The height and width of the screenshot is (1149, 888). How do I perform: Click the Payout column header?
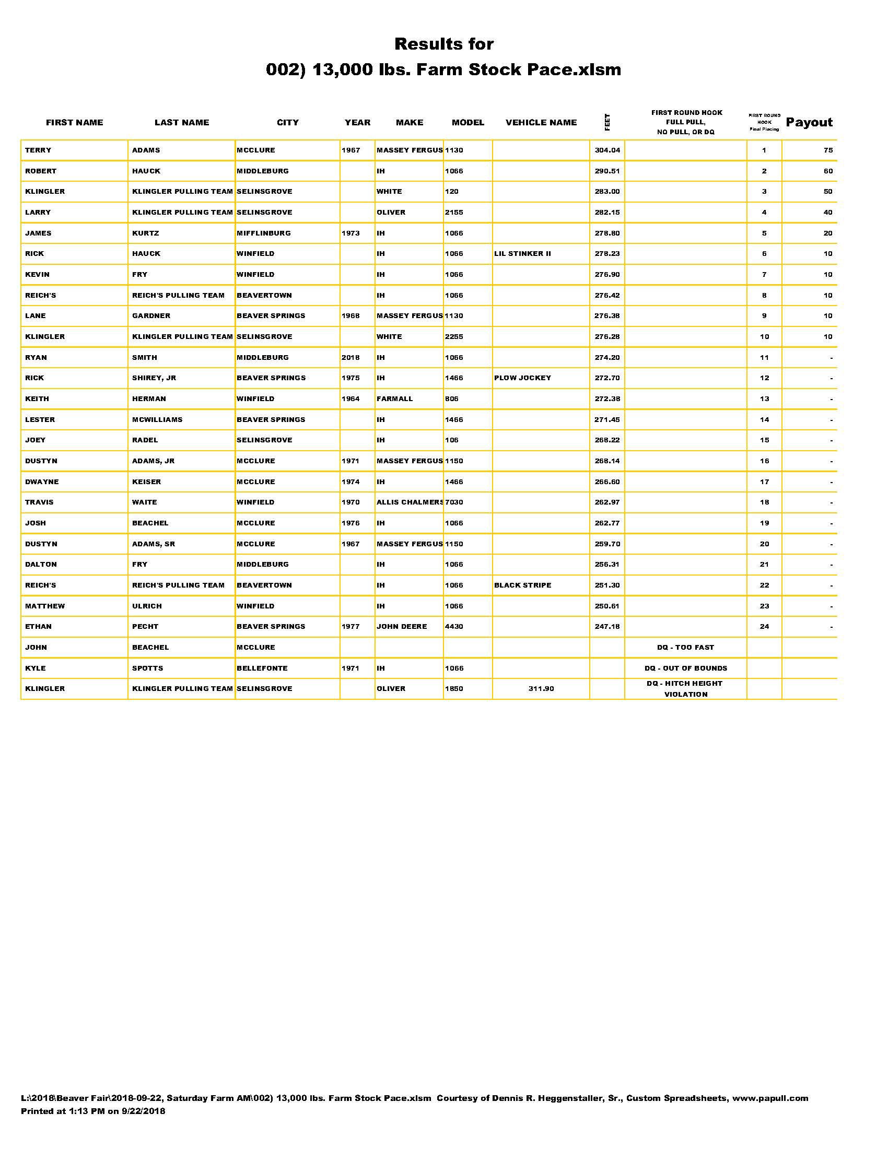809,123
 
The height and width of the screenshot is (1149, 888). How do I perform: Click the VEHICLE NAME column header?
541,123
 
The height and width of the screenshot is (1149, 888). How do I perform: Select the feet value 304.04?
607,150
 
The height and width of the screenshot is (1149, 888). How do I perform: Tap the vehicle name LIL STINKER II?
522,254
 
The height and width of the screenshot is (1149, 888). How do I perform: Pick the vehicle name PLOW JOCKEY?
522,378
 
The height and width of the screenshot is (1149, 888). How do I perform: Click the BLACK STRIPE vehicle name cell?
522,585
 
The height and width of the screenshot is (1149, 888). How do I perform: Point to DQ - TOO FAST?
685,648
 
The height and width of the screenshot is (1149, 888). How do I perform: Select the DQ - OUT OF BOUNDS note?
685,668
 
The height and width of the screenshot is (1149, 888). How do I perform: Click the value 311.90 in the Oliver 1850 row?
541,689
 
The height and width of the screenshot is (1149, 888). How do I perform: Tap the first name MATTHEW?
45,606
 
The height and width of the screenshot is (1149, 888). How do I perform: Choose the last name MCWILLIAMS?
157,420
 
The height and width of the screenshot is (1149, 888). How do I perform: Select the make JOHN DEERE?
401,627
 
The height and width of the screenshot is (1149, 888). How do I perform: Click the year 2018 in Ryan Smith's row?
350,358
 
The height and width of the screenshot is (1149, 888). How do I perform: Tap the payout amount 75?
828,150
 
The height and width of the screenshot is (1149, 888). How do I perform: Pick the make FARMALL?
394,399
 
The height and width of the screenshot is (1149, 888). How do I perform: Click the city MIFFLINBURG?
264,233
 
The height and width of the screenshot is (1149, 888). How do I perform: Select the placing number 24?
764,627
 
